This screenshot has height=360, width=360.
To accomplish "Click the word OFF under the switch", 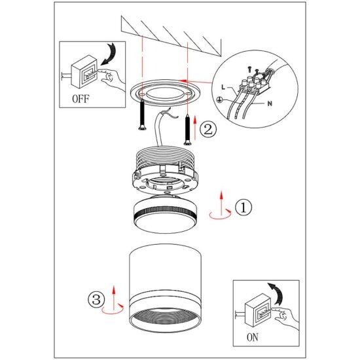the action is click(x=81, y=99).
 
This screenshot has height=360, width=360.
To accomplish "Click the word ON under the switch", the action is click(x=253, y=337).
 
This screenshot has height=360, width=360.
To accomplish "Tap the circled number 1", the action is click(x=243, y=207).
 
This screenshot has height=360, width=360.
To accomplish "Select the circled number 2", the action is click(x=208, y=130).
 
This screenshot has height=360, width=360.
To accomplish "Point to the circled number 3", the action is click(x=96, y=299).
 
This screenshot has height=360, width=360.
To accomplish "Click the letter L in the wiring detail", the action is click(x=223, y=87).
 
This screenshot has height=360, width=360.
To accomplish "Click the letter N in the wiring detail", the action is click(x=270, y=103).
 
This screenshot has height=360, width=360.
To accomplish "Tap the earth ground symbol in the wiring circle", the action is click(x=219, y=99).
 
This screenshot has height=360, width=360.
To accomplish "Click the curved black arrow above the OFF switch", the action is click(x=110, y=53).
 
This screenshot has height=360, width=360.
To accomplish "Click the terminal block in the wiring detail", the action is click(x=254, y=85).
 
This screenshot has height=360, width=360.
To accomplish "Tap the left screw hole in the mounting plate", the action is click(x=142, y=94).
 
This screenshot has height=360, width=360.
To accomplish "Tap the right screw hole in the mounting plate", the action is click(x=189, y=94).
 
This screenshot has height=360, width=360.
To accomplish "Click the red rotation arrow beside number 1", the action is click(x=221, y=217).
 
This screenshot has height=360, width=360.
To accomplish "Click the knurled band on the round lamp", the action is click(x=165, y=211).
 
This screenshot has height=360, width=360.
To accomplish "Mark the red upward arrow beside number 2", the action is click(x=195, y=128).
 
